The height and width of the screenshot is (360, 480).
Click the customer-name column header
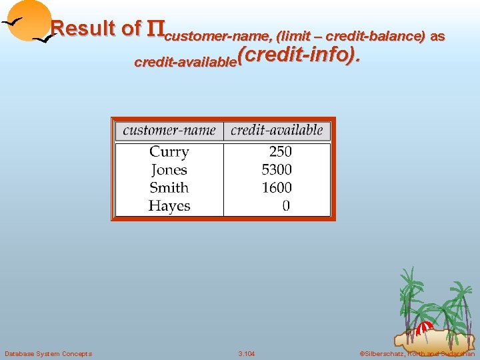pos(169,130)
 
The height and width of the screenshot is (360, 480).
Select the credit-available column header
pos(277,130)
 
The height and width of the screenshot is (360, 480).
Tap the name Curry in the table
pos(169,152)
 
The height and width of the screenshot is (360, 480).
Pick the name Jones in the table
pos(169,170)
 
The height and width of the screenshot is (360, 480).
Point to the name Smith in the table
pos(169,188)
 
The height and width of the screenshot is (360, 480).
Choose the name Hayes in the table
pos(169,206)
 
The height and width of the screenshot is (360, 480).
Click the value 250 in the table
pos(281,152)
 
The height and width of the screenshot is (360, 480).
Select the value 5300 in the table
pos(277,170)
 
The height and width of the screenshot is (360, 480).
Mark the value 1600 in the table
pos(277,188)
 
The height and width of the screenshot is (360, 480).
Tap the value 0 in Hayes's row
pos(286,206)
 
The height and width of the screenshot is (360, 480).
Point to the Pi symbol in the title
pos(155,29)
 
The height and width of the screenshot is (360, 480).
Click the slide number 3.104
pos(247,353)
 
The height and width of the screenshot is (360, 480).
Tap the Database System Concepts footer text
pos(48,353)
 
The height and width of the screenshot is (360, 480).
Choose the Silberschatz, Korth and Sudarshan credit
pos(417,353)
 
